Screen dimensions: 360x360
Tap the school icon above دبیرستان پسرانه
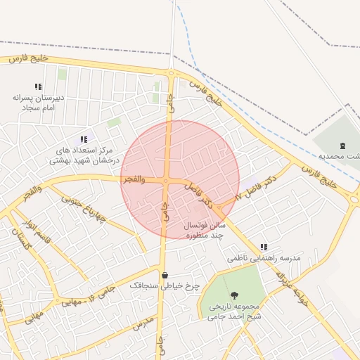[38, 86]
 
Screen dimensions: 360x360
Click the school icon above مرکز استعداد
[84, 139]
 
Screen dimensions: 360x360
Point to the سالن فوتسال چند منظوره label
[204, 230]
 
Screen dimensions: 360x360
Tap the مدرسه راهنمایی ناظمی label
[264, 258]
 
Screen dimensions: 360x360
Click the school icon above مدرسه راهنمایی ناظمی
[264, 247]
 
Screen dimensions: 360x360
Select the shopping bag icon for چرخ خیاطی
[165, 275]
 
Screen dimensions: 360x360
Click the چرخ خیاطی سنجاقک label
[165, 286]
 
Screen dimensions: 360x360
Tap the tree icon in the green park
[234, 296]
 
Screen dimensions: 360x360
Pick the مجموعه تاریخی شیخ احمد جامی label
[234, 311]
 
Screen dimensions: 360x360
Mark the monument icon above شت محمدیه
[342, 145]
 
